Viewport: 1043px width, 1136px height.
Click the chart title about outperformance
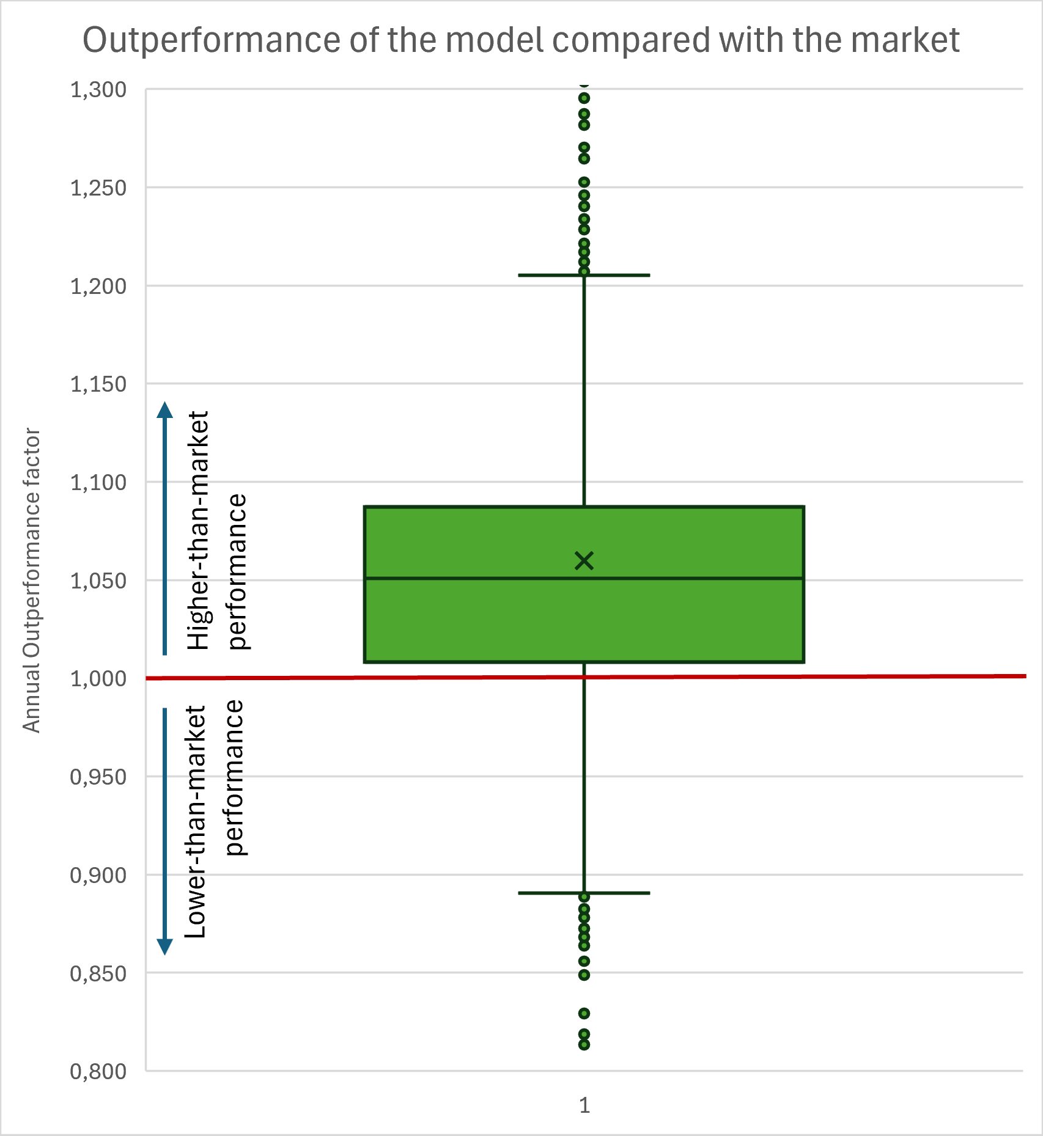(521, 40)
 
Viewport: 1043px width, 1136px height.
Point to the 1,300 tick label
(98, 90)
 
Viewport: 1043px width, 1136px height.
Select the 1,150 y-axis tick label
(98, 384)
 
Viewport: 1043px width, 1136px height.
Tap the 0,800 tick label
(98, 1071)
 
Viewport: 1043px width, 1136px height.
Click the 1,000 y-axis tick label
(98, 679)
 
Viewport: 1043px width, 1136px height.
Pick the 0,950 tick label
(98, 777)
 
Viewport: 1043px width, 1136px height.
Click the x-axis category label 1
(584, 1105)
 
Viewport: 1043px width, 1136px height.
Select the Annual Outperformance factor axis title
(31, 581)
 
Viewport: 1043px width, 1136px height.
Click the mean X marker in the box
(584, 560)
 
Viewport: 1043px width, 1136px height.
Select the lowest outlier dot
(584, 1044)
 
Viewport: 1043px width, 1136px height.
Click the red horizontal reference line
(856, 676)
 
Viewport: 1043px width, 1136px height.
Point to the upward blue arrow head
(164, 409)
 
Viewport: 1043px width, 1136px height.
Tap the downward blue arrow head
(164, 947)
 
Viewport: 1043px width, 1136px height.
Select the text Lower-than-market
(196, 822)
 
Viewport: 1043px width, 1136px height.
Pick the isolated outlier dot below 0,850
(584, 1013)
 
